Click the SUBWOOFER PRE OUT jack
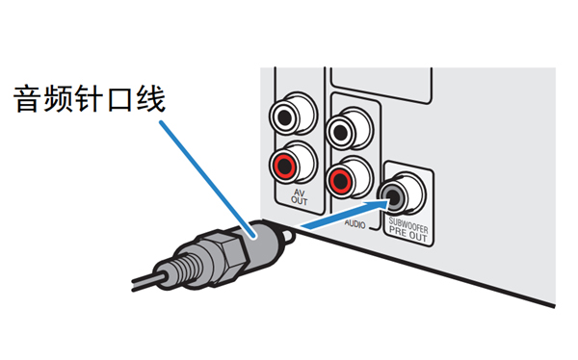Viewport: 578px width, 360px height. point(399,196)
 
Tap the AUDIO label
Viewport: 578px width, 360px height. point(356,220)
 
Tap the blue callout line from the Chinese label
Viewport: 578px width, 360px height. point(202,173)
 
